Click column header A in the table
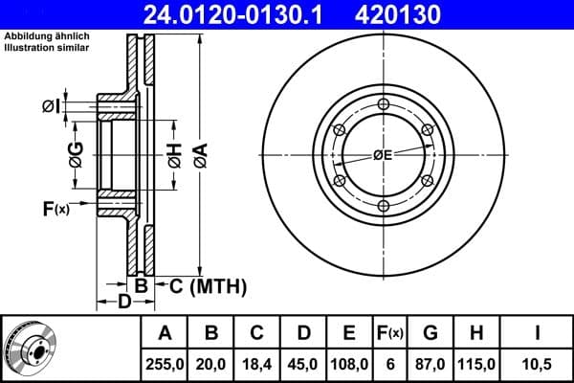(x=165, y=333)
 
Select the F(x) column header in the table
(x=391, y=333)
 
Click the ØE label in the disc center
(x=383, y=154)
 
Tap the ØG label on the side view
(x=75, y=153)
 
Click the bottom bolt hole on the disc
(x=384, y=206)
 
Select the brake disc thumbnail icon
(x=30, y=349)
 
